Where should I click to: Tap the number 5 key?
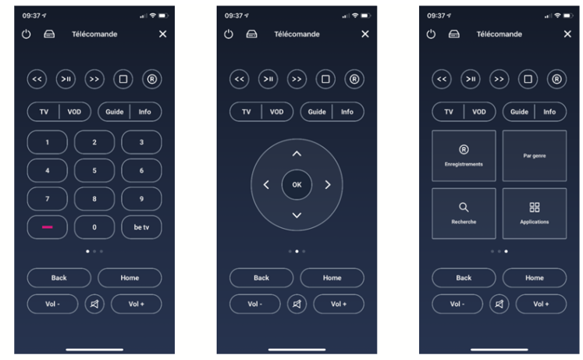pyautogui.click(x=94, y=170)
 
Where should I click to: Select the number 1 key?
pyautogui.click(x=48, y=142)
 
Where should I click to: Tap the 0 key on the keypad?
pyautogui.click(x=94, y=227)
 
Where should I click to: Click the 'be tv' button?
pyautogui.click(x=141, y=227)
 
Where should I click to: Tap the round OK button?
pyautogui.click(x=297, y=185)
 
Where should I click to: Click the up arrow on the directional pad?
pyautogui.click(x=297, y=154)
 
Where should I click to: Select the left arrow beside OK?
pyautogui.click(x=266, y=185)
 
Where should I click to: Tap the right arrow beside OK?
pyautogui.click(x=327, y=185)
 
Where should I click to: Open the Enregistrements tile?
pyautogui.click(x=464, y=155)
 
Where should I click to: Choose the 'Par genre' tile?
pyautogui.click(x=535, y=155)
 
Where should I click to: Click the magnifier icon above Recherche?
pyautogui.click(x=464, y=207)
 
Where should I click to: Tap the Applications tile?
pyautogui.click(x=535, y=213)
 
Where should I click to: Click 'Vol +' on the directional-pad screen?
pyautogui.click(x=339, y=304)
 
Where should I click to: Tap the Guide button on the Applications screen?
pyautogui.click(x=519, y=112)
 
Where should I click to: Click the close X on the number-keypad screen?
pyautogui.click(x=162, y=34)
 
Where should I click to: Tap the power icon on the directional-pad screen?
pyautogui.click(x=229, y=34)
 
